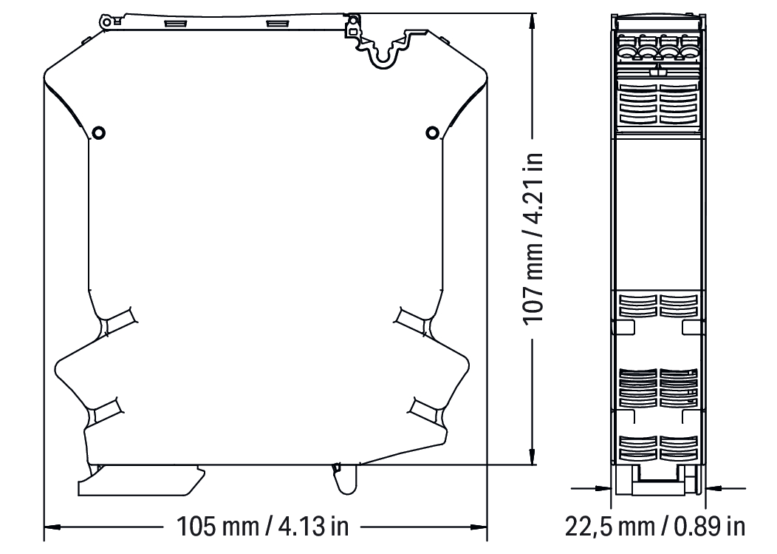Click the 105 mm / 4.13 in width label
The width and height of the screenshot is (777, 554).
pyautogui.click(x=263, y=527)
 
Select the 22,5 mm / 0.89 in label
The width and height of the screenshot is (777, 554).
pyautogui.click(x=655, y=527)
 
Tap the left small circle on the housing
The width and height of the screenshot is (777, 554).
pyautogui.click(x=99, y=133)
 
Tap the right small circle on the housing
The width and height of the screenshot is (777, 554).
pyautogui.click(x=432, y=132)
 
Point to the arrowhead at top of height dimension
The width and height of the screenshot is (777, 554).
pyautogui.click(x=533, y=21)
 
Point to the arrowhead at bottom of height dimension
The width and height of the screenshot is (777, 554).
pyautogui.click(x=533, y=457)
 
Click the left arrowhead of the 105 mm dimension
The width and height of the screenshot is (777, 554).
pyautogui.click(x=52, y=527)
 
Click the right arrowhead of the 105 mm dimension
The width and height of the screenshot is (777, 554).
pyautogui.click(x=479, y=527)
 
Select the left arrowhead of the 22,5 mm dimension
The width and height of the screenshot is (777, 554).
pyautogui.click(x=603, y=488)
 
